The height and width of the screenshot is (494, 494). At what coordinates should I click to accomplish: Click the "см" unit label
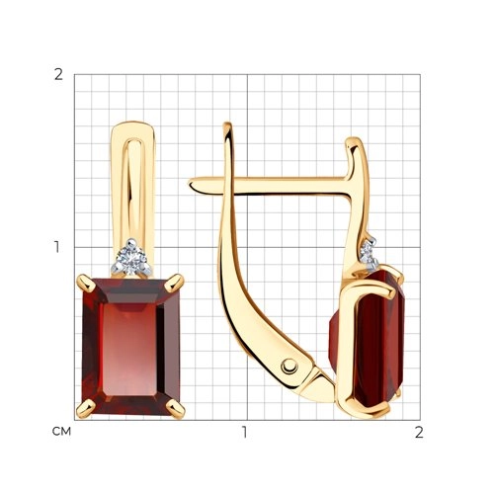pos(61,431)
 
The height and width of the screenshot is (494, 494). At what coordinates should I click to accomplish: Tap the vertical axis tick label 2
pos(58,75)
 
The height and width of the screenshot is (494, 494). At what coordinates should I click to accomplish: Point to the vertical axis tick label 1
pos(57,247)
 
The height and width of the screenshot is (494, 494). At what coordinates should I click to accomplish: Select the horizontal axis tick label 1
pos(244,432)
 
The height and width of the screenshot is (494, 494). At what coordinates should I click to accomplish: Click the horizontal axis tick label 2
pos(419,432)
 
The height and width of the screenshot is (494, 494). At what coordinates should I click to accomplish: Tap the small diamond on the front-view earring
pos(132,258)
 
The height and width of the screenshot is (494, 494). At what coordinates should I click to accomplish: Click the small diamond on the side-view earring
pos(370,253)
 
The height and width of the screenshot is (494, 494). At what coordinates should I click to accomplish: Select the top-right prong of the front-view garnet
pos(174,284)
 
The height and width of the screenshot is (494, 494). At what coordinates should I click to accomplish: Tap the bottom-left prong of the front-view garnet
pos(86,408)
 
